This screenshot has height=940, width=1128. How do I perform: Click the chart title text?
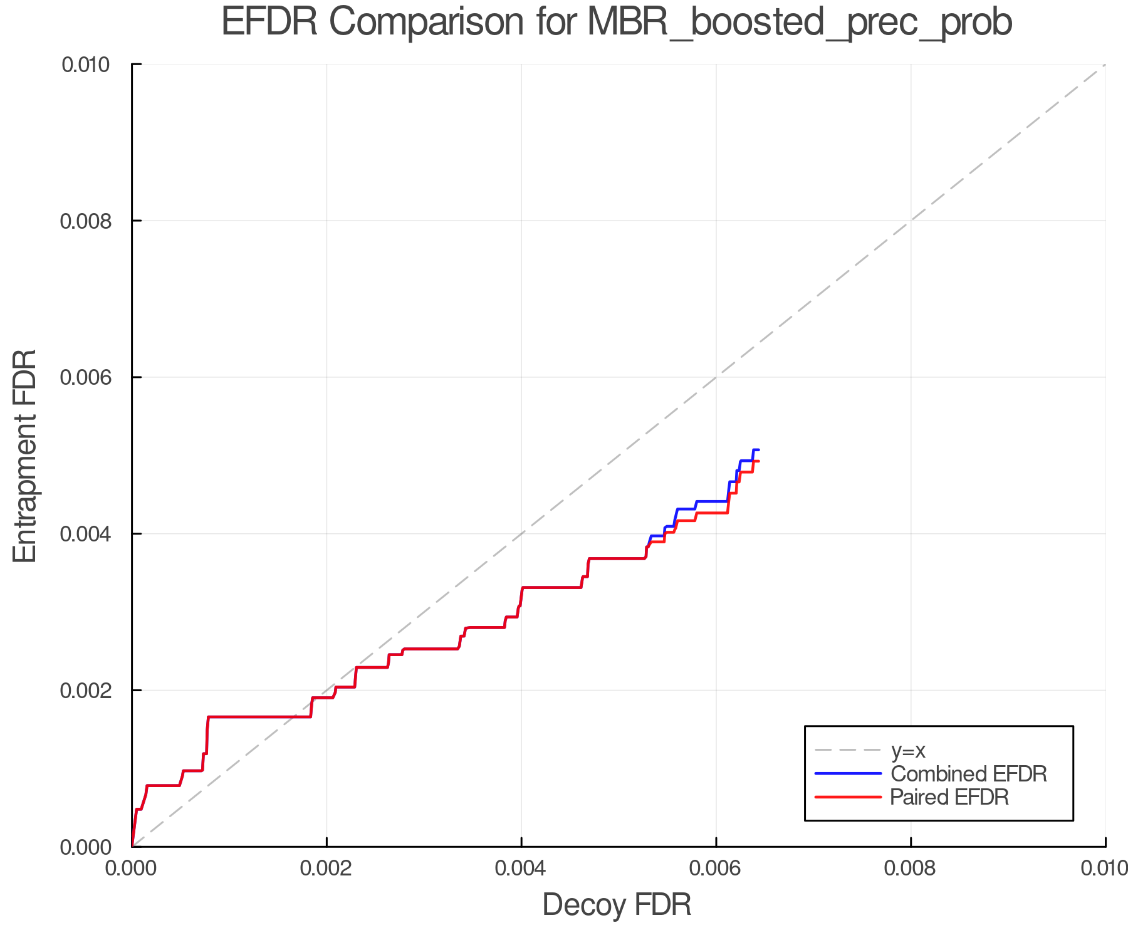[617, 23]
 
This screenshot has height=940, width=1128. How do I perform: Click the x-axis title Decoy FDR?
[617, 904]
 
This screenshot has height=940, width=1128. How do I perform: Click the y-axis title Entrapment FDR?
[25, 456]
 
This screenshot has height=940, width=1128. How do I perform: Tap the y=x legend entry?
[908, 750]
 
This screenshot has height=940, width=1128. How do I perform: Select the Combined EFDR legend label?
[968, 774]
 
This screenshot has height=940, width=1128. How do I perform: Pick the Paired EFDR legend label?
[949, 797]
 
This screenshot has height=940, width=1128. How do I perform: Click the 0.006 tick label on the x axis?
[716, 868]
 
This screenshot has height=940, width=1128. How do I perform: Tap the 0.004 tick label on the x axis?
[521, 868]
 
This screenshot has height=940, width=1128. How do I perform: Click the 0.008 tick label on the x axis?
[911, 868]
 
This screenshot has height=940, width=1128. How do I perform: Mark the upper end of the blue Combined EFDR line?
[758, 450]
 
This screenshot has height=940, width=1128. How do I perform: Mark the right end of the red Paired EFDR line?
[759, 461]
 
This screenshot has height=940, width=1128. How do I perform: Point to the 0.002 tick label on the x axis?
[326, 868]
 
